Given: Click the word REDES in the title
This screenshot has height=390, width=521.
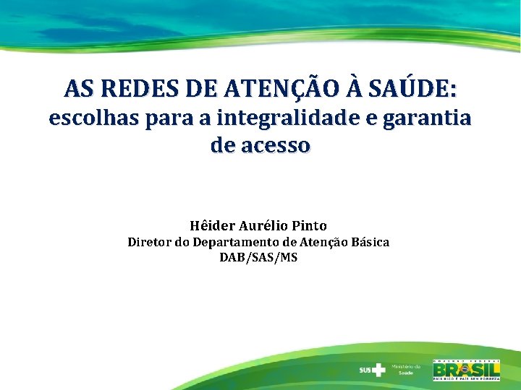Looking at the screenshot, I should pos(132,89).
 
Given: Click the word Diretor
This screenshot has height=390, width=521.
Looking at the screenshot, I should pos(149,242).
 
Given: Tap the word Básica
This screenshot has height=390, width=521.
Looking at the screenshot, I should pos(368,242).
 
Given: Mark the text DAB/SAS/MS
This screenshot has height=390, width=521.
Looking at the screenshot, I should pos(258,257).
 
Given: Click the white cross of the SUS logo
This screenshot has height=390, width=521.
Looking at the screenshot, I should pos(378,370).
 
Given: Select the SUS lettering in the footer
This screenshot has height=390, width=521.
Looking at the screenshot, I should pos(365,370).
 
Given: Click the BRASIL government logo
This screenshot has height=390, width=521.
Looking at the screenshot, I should pos(466,369).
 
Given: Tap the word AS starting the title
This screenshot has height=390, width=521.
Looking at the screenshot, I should pos(75,89).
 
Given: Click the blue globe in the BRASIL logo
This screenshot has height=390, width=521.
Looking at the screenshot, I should pos(460,369).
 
